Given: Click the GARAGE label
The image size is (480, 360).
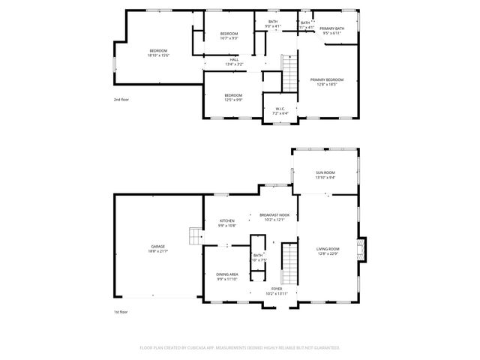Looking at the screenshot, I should (x=158, y=246).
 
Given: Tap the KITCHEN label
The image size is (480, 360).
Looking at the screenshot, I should (x=226, y=220).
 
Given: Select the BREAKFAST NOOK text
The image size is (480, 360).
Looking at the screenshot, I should (x=274, y=215).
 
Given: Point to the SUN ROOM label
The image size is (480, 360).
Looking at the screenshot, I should (x=325, y=172).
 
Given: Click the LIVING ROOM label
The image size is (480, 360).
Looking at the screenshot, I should (x=327, y=249).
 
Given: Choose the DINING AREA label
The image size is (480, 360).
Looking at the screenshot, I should (x=227, y=274).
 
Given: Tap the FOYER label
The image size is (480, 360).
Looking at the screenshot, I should (x=277, y=288).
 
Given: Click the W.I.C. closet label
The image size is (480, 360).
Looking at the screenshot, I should (x=280, y=109).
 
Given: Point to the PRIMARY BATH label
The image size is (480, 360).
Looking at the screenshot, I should (x=331, y=28).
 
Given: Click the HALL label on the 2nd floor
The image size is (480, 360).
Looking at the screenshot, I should (x=234, y=59).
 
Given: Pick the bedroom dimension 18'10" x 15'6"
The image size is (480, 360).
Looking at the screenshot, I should (x=158, y=55).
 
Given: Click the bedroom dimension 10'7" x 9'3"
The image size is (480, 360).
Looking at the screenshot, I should (x=229, y=38).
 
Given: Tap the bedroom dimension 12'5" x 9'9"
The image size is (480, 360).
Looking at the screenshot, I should (x=233, y=100).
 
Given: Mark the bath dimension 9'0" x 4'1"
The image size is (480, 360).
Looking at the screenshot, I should (x=273, y=26).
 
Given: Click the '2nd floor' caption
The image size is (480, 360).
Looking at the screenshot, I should (x=121, y=99).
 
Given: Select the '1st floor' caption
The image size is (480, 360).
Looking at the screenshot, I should (x=121, y=311).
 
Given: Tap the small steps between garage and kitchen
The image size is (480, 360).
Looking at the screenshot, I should (x=195, y=238).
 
